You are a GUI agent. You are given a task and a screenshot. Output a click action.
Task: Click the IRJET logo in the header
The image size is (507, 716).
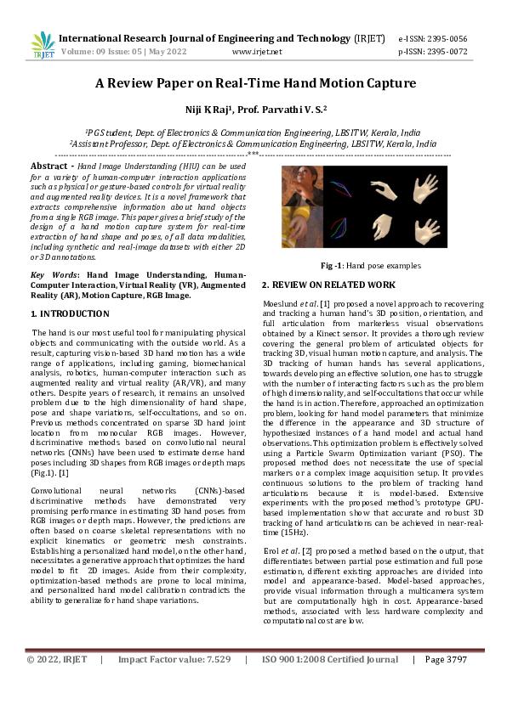[x=42, y=44]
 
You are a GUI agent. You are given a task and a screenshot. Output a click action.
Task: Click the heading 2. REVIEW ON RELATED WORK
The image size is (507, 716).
[x=328, y=285]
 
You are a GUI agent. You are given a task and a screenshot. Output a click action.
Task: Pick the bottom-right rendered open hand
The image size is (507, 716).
[x=431, y=229]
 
